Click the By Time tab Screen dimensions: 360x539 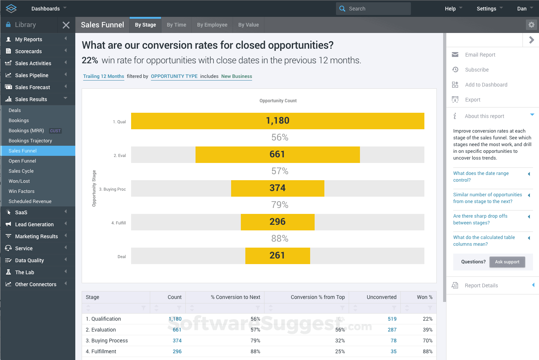pos(176,25)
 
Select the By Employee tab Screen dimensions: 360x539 pos(212,25)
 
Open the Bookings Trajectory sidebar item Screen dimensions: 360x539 pos(30,141)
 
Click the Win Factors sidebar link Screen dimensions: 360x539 pos(21,191)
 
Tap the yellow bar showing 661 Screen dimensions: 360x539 pos(278,155)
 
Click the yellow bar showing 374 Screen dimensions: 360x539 pos(278,188)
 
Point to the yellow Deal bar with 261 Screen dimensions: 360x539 pos(278,256)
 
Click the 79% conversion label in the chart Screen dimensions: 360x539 pos(280,205)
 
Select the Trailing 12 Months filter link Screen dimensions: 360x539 pos(103,76)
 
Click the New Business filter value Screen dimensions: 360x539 pos(236,76)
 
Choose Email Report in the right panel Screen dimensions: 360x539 pos(480,55)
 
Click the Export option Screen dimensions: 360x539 pos(473,100)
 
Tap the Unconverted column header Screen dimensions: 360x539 pos(381,297)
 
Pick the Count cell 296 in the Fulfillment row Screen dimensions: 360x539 pos(177,352)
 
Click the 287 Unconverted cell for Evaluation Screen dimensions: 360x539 pos(392,330)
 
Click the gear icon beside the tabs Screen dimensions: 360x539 pos(531,25)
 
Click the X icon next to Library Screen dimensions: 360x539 pos(66,25)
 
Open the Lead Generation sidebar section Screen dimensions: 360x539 pos(34,224)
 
